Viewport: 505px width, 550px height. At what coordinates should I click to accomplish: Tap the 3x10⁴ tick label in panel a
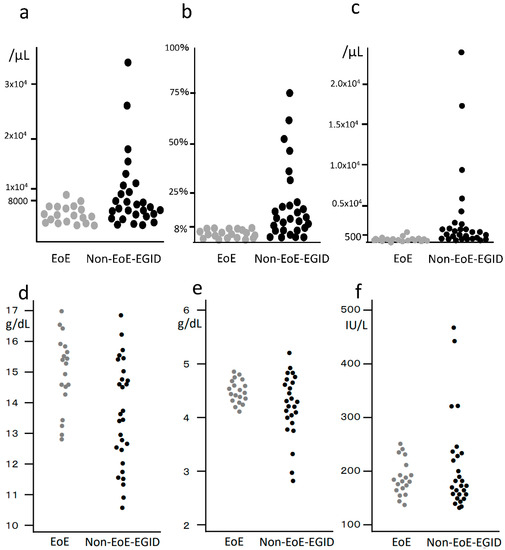click(x=21, y=84)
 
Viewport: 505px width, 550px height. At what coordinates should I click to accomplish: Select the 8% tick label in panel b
click(x=180, y=229)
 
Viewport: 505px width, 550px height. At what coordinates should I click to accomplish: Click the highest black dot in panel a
click(x=128, y=62)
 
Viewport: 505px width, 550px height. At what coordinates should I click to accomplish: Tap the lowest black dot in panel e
click(x=292, y=481)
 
